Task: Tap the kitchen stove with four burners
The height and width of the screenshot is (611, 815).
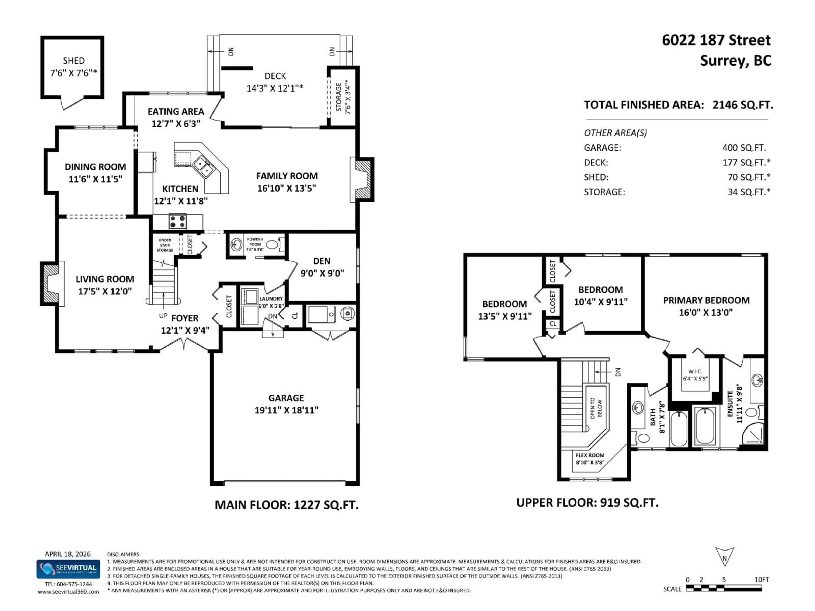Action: click(x=178, y=222)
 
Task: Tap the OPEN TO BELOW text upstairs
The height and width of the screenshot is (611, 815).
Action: click(x=596, y=408)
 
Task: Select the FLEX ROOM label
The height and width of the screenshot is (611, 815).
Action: click(x=590, y=455)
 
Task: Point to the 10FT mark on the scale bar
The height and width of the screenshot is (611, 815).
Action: click(x=761, y=580)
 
